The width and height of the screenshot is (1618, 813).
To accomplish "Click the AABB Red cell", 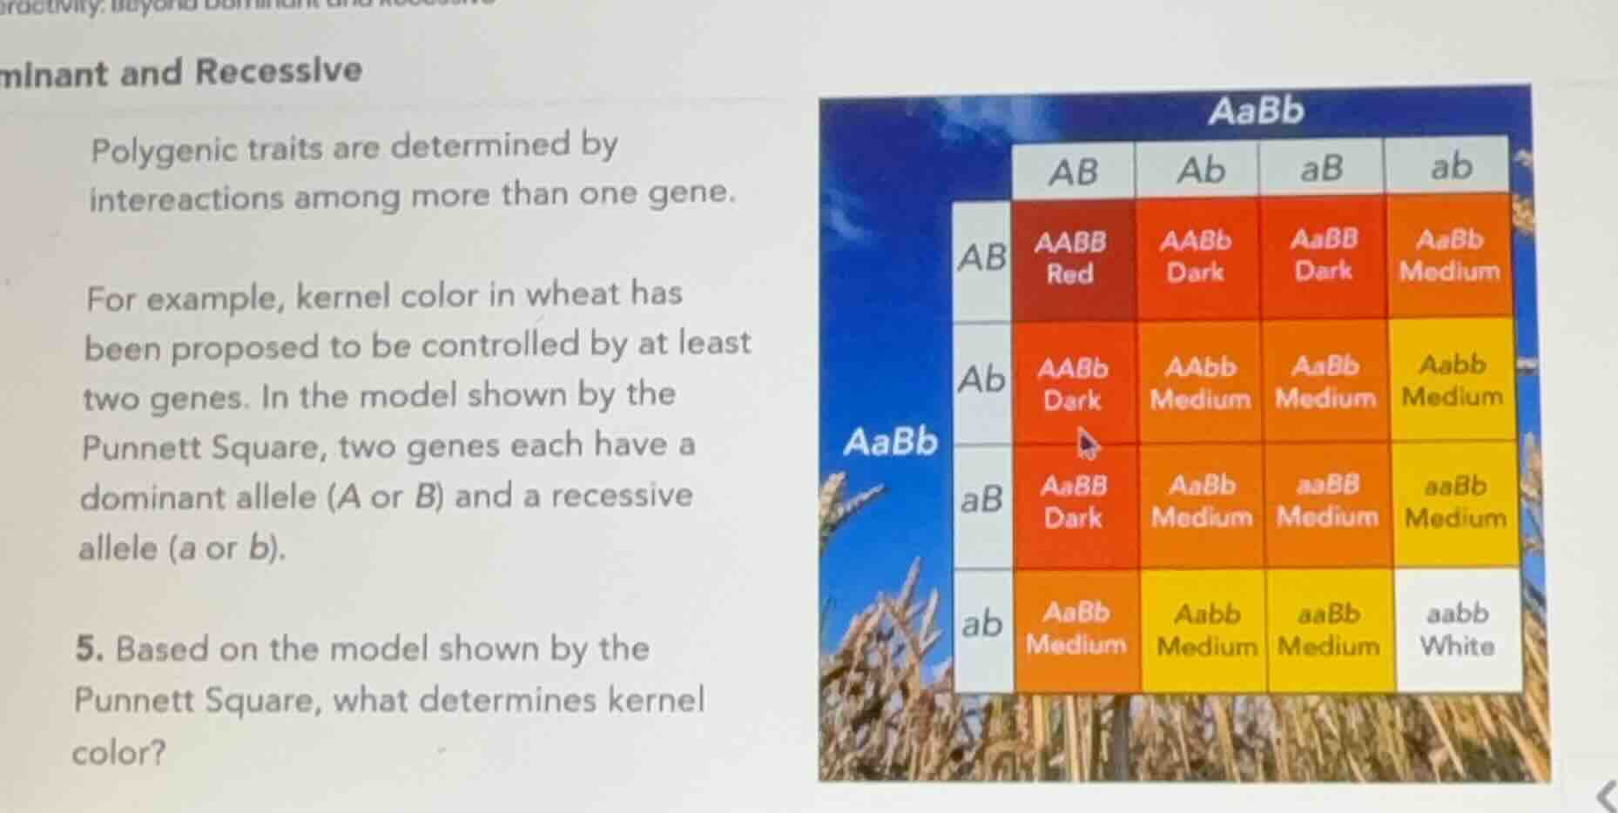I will (x=1072, y=258).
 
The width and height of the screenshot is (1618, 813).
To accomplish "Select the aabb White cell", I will (x=1457, y=629).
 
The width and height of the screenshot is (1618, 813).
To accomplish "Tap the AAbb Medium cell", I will (x=1200, y=382).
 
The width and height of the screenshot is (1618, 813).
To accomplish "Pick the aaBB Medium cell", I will (x=1327, y=502).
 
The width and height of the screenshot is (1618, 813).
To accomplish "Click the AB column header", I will (x=1074, y=171).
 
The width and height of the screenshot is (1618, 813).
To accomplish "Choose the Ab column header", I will (x=1200, y=170).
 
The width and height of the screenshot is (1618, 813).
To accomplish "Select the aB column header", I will (x=1322, y=168).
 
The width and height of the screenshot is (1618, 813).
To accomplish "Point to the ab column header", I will (x=1451, y=165).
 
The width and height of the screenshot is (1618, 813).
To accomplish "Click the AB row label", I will (x=982, y=258).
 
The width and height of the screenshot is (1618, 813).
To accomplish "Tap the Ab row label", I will (x=981, y=380).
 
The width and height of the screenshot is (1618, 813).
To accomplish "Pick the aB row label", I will (x=981, y=500).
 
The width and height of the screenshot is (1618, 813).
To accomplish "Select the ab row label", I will (x=981, y=624).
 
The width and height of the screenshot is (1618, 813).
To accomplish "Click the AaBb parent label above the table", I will (x=1256, y=111).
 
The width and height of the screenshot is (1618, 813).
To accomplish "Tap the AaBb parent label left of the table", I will (x=890, y=442).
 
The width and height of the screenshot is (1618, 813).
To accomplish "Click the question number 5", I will (x=89, y=649).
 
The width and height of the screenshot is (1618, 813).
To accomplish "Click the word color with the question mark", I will (x=118, y=752).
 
